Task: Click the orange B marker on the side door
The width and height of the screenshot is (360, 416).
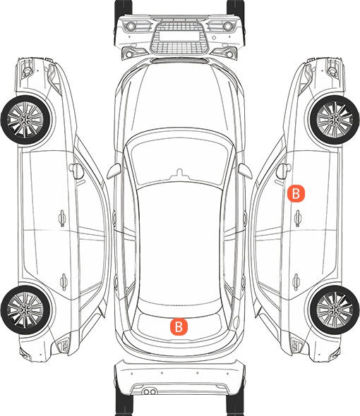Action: [296, 194]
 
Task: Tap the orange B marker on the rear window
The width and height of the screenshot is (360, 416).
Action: [179, 326]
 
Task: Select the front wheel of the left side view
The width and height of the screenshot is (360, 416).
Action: [25, 120]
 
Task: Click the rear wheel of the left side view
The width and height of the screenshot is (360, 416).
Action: [25, 310]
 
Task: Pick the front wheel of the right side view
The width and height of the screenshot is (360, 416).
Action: [335, 120]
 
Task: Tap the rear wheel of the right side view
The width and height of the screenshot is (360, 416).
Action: [335, 310]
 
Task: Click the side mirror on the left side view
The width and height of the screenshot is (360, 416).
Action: [76, 171]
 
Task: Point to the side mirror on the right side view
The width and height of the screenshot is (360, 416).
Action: [284, 171]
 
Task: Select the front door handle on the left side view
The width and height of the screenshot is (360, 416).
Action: [62, 218]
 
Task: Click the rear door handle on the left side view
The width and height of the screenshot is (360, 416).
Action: [64, 282]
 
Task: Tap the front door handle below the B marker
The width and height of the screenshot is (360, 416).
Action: [298, 218]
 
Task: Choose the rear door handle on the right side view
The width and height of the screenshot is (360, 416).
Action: [296, 282]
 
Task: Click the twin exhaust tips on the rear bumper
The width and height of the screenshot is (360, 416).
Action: [150, 391]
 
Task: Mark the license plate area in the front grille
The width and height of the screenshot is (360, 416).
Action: [179, 35]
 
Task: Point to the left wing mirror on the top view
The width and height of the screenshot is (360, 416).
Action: [114, 171]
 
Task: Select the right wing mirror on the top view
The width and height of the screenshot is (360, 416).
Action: [245, 171]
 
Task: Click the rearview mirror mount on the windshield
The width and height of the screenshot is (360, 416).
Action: [179, 173]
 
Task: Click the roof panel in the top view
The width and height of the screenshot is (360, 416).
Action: [179, 244]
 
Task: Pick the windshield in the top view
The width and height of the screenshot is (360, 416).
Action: [179, 159]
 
